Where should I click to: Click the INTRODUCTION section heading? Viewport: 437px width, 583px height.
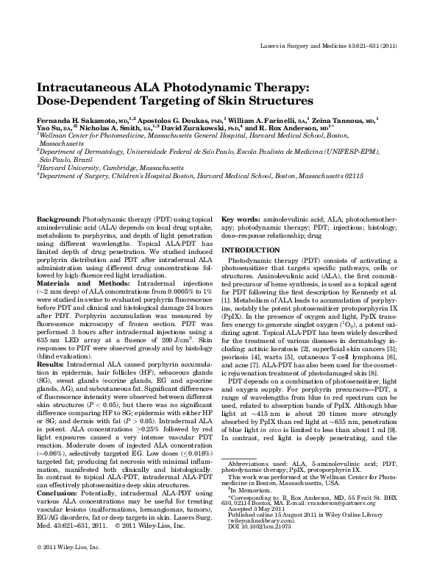[x=255, y=250]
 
